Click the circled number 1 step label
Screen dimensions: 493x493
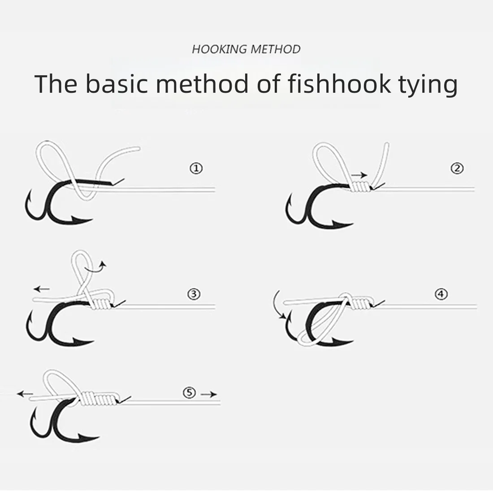[x=196, y=169]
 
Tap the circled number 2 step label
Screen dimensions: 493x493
[x=457, y=169]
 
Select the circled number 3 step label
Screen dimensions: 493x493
[x=194, y=294]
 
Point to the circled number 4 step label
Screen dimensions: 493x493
[x=441, y=294]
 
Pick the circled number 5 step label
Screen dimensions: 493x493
[x=189, y=393]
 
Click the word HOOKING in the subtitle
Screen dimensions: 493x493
[x=220, y=49]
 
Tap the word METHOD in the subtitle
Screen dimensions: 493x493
[x=276, y=49]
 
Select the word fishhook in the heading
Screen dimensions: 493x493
[x=339, y=84]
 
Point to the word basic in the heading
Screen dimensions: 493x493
[x=117, y=84]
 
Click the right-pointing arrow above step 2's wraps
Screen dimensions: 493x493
[x=359, y=175]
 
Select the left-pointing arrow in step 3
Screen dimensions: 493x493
[x=42, y=289]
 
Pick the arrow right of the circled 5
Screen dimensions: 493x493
[x=209, y=394]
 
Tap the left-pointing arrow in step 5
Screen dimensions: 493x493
[x=25, y=394]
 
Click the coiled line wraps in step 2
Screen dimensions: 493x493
[x=361, y=187]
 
